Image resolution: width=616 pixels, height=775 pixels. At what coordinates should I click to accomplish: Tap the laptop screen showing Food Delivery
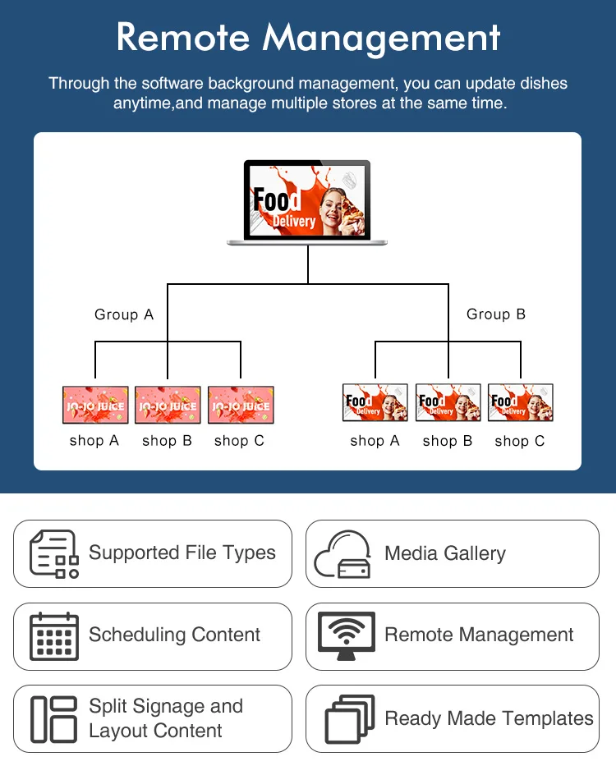click(307, 199)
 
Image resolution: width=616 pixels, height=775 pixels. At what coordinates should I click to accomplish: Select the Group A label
click(124, 314)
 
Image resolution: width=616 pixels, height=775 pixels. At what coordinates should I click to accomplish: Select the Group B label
click(496, 314)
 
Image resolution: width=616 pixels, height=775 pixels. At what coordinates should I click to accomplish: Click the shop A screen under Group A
click(95, 405)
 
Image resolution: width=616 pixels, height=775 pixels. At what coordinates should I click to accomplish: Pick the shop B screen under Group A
click(168, 405)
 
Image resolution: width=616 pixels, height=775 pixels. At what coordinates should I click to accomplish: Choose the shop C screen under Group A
click(240, 405)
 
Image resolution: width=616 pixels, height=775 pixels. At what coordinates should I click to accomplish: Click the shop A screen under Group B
click(375, 402)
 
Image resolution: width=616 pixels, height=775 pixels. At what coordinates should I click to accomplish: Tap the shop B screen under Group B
click(448, 402)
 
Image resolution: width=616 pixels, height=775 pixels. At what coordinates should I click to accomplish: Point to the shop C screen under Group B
click(521, 402)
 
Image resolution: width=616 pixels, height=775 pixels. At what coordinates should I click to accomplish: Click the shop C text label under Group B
click(520, 442)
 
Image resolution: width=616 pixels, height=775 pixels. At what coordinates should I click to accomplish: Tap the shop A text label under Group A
click(94, 441)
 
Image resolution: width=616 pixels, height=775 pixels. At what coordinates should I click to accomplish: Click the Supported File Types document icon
click(54, 554)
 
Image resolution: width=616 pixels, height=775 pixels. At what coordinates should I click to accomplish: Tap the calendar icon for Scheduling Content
click(54, 636)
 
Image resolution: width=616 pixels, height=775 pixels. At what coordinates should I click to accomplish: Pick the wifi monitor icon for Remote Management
click(346, 636)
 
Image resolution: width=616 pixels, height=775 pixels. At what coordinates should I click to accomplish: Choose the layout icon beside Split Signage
click(53, 719)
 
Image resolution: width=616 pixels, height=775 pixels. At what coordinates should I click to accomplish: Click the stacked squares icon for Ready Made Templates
click(350, 719)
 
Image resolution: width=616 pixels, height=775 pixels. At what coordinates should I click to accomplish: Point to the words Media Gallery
click(445, 553)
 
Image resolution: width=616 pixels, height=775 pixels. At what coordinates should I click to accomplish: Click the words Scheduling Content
click(175, 635)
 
